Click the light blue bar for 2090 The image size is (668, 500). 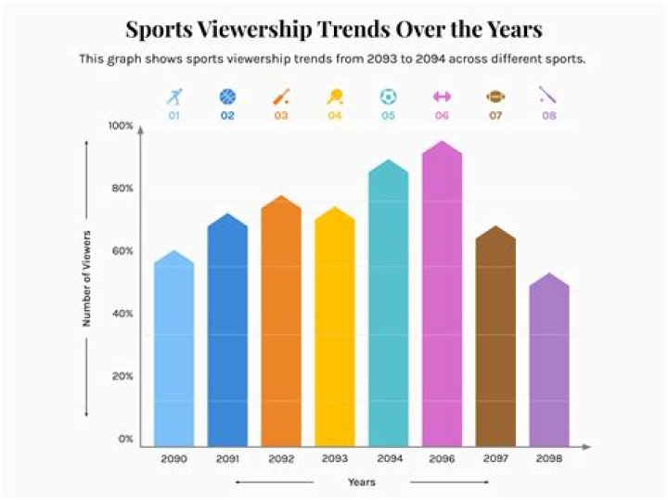point(173,353)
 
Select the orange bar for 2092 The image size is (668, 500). point(280,325)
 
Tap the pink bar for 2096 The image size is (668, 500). point(442,297)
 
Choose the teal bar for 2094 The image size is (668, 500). point(389,306)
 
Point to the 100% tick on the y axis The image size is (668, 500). point(122,125)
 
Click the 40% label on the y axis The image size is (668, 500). point(122,314)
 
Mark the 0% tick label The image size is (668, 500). point(125,439)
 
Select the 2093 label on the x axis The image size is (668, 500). point(334,459)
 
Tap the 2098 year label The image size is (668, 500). point(549,459)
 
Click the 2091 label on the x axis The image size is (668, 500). point(227,459)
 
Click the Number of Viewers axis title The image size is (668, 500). point(86,277)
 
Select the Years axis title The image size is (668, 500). point(361,482)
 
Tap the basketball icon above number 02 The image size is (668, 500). point(227,96)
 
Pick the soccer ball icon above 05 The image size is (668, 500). point(388,96)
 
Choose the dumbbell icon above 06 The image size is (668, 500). point(442,96)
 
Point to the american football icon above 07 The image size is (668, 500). point(495,96)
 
